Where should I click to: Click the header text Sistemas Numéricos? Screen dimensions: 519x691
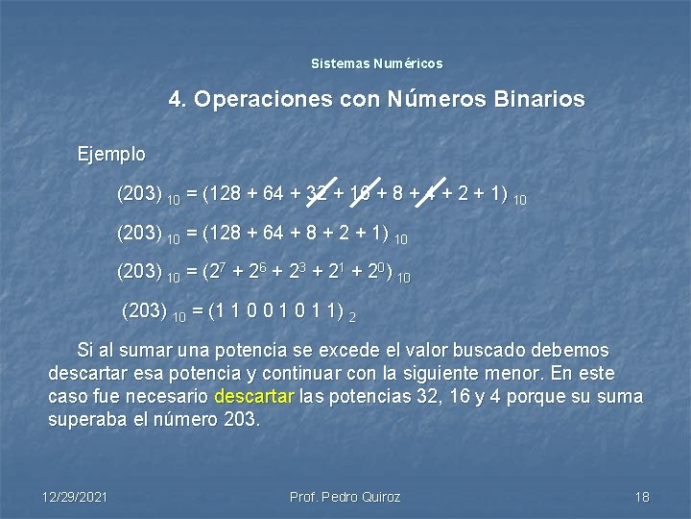pos(377,63)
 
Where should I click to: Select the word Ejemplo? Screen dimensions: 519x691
pos(111,154)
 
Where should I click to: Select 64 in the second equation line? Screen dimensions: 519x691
pos(274,235)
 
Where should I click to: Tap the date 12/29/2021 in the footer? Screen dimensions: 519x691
pos(75,497)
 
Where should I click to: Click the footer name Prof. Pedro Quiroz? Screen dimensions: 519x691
pos(345,497)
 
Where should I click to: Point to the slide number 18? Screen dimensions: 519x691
pos(642,497)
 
